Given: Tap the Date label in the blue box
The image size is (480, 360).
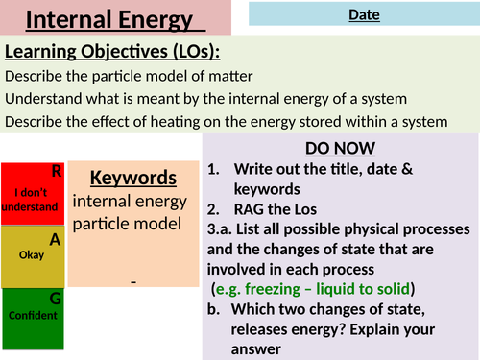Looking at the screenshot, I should point(364,14).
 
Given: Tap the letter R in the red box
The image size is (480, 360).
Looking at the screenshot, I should point(57,173).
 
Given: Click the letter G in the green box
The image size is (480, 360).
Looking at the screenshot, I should point(56,299).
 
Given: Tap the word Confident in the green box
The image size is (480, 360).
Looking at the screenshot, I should point(31,316).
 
